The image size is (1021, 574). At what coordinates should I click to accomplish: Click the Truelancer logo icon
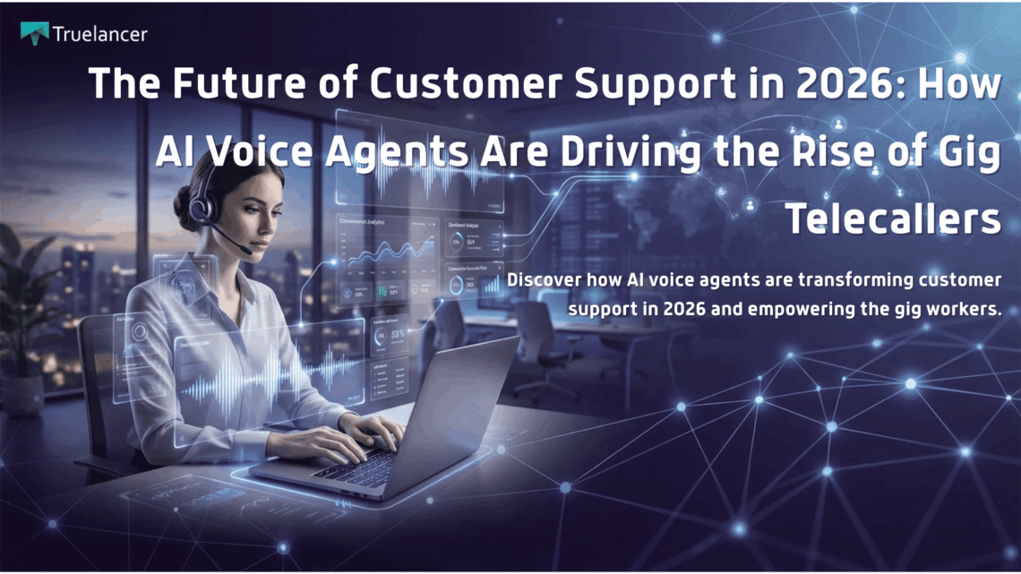coord(34,33)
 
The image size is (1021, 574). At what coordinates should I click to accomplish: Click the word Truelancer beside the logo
coord(99,34)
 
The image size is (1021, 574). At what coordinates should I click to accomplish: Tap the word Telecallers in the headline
coord(894,218)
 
